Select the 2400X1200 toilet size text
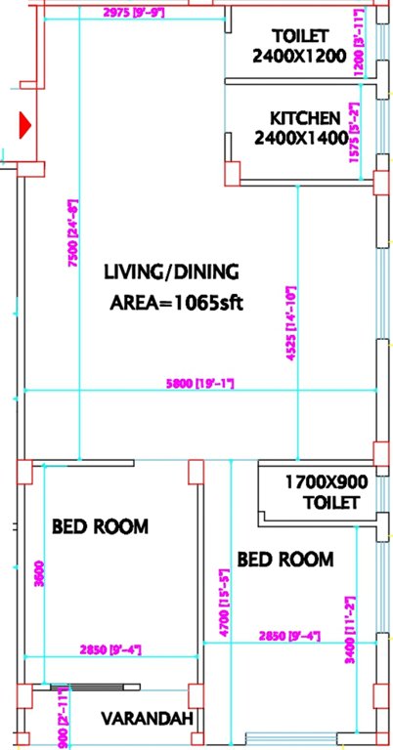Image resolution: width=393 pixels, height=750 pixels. tap(299, 56)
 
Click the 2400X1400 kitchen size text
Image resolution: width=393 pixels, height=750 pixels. tap(300, 139)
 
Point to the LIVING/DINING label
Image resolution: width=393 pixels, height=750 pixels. tap(173, 271)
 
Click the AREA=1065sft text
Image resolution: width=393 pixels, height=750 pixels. tap(175, 301)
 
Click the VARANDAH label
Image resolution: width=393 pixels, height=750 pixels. tap(147, 720)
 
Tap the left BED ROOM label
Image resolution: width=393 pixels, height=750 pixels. tap(99, 526)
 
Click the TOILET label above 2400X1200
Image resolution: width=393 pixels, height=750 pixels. tap(299, 35)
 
